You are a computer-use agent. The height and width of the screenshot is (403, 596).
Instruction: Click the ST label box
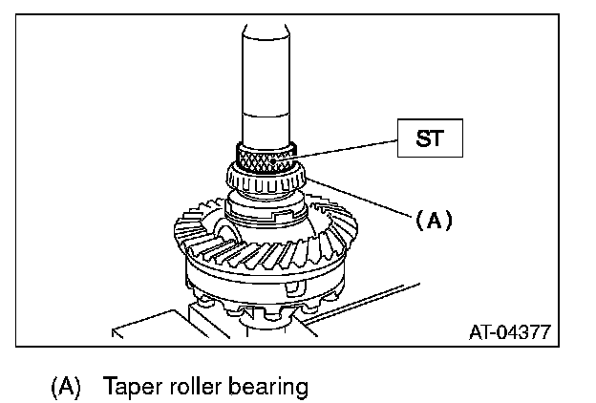pos(430,138)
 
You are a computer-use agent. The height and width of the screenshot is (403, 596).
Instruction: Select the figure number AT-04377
pos(508,333)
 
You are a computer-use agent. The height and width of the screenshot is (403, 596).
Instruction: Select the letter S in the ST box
pos(420,138)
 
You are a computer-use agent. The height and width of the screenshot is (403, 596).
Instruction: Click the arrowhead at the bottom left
pos(117,334)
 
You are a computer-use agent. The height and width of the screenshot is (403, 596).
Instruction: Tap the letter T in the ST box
pos(438,138)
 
